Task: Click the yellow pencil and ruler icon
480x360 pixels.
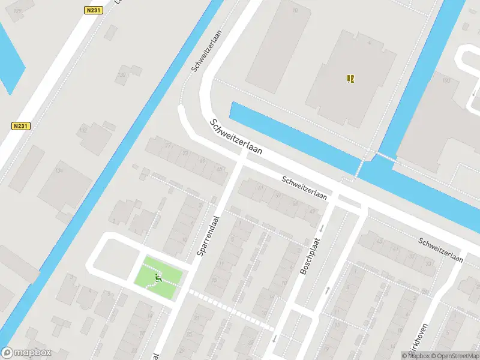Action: pos(350,78)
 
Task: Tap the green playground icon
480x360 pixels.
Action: pos(158,277)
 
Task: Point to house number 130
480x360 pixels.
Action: pos(122,75)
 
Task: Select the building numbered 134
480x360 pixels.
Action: pos(59,171)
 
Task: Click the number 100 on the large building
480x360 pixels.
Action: pos(446,80)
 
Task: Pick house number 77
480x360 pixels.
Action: pos(169,146)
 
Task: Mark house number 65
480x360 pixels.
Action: pos(202,161)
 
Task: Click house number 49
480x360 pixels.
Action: pos(312,211)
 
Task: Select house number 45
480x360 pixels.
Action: pos(219,169)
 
